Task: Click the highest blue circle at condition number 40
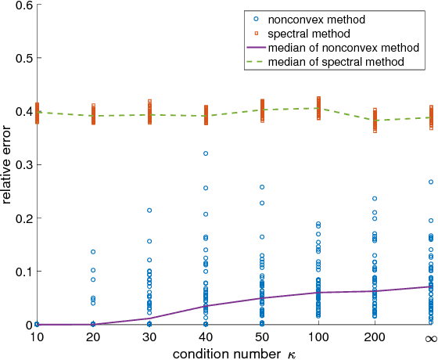point(206,153)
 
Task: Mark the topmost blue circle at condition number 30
point(149,211)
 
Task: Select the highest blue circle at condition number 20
point(93,252)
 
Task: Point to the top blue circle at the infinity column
point(431,182)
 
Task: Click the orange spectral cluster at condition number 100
point(318,108)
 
